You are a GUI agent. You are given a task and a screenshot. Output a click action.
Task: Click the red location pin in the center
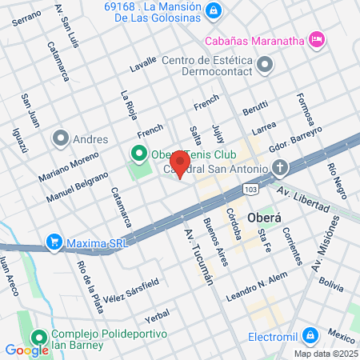[x=181, y=166]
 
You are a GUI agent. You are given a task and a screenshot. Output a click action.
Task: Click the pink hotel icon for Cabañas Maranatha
[x=318, y=38]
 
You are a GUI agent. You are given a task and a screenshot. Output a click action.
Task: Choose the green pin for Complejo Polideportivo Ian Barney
[x=38, y=336]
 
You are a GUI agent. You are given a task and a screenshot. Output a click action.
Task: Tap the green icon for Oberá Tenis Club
[x=138, y=154]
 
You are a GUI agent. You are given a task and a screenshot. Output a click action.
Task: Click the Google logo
[x=26, y=349]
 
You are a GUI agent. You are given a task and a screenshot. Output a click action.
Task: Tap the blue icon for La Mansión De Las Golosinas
[x=214, y=10]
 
